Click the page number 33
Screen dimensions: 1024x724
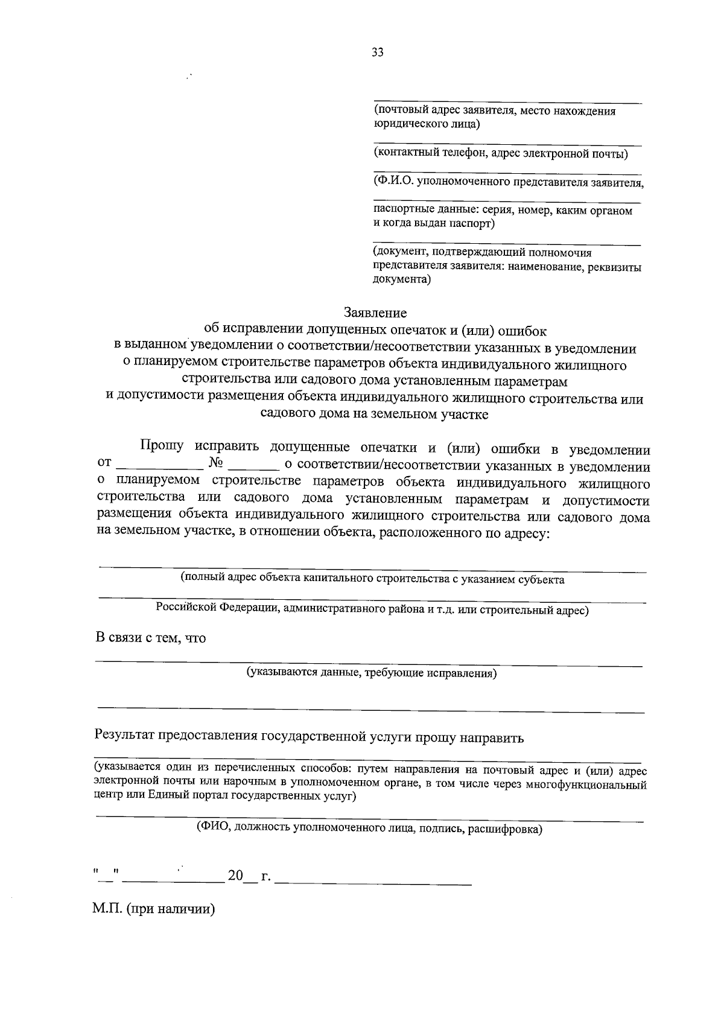tap(378, 52)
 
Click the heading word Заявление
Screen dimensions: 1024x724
tap(375, 313)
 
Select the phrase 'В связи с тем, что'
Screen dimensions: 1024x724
tap(151, 638)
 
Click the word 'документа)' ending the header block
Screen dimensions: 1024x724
tap(401, 279)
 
